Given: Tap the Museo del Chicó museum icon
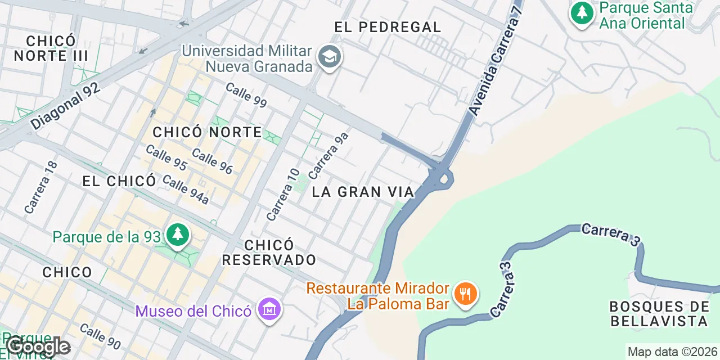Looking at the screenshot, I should coord(269,309).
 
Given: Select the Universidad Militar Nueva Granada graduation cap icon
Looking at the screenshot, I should coord(329,57).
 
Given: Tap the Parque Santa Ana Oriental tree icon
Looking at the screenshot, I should coord(582,13).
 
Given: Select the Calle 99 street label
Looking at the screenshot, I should coord(246,94).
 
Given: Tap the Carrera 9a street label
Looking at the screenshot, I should coord(328,155).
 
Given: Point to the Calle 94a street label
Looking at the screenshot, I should coord(185,189).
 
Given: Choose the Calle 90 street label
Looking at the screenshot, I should coord(100,335).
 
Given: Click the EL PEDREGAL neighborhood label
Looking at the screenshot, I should coord(388,26).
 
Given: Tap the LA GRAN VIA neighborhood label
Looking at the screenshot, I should coord(363,192).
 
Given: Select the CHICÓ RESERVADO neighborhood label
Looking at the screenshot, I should coord(269,253).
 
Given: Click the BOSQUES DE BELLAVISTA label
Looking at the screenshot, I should coord(659,314).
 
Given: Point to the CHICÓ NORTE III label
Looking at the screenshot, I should coord(51,48).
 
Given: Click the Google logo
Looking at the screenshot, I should coord(38,346).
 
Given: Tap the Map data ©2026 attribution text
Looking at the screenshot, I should coord(673,352).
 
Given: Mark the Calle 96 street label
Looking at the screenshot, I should coord(212,161).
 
